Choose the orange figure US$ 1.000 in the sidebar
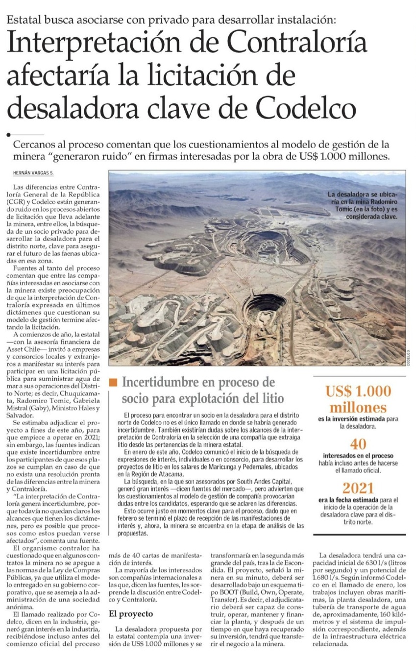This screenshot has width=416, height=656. pyautogui.click(x=359, y=391)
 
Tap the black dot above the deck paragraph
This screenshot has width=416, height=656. pyautogui.click(x=8, y=134)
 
